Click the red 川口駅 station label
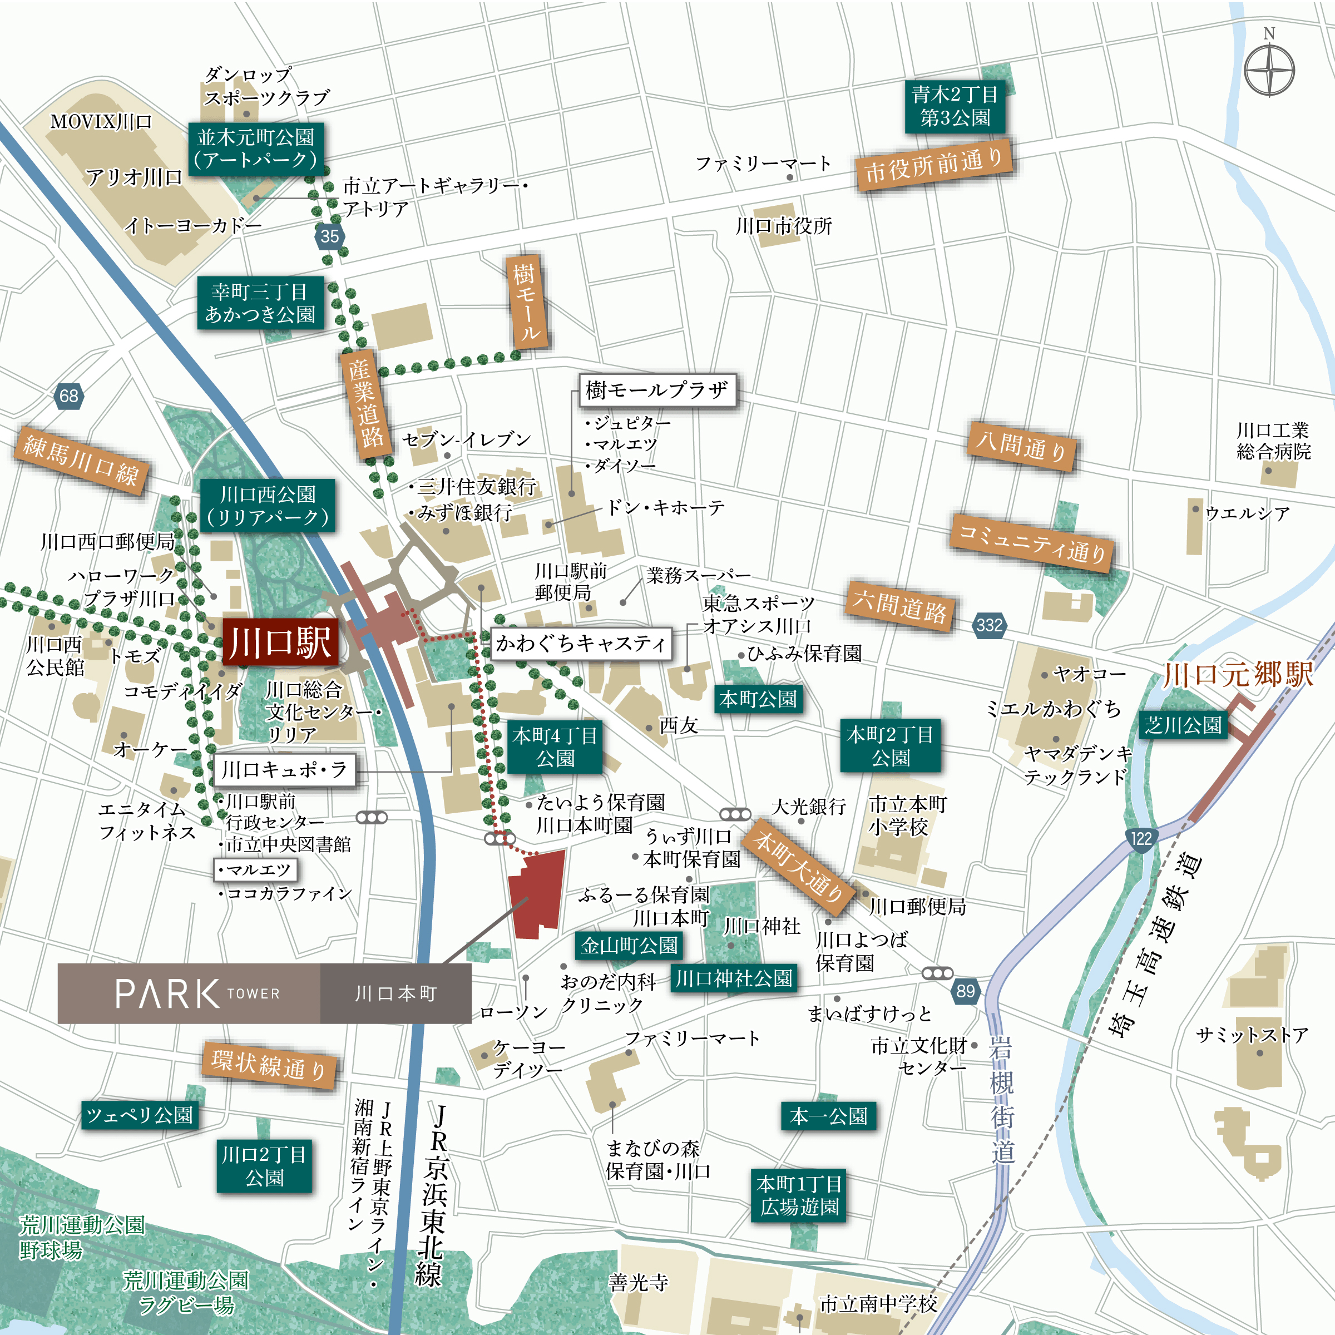pos(280,642)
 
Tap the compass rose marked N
pos(1269,70)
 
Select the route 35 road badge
pos(330,236)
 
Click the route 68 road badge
pos(68,396)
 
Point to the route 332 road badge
pos(989,625)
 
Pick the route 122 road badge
pos(1140,839)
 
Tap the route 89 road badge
pos(965,991)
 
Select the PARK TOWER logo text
pos(197,993)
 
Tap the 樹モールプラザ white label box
pos(656,390)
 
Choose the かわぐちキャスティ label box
pos(580,644)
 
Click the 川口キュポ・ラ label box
pos(284,769)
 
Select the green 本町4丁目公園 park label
pos(555,747)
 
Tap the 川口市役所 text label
pos(784,226)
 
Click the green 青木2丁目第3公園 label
pos(955,106)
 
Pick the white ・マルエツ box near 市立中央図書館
pos(254,869)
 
